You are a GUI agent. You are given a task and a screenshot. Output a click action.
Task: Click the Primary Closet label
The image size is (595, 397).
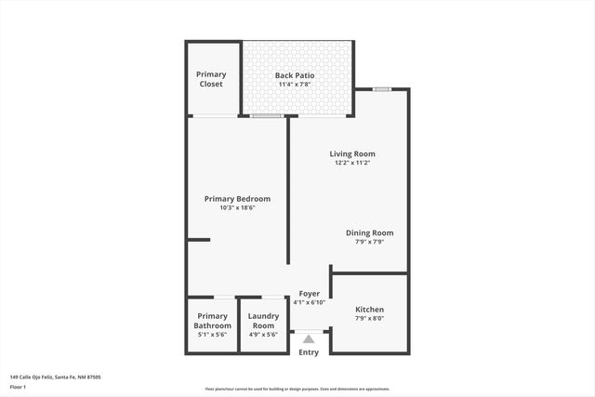[x=212, y=79]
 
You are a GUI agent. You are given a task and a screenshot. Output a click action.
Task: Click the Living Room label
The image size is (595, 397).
[x=352, y=153]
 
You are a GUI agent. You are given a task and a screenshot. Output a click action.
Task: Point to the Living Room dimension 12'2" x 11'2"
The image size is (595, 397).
[x=352, y=163]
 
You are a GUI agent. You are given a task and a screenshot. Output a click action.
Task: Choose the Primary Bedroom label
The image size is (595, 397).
[x=238, y=198]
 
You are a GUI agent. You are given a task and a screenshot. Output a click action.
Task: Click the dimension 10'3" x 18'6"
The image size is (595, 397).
[x=238, y=208]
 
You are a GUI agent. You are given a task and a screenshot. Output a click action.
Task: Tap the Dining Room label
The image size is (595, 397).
[x=369, y=232]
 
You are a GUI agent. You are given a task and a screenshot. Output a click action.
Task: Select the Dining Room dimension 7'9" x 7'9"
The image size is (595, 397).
[x=369, y=242]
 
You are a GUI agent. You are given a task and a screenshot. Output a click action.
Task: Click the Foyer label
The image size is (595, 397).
[x=309, y=294]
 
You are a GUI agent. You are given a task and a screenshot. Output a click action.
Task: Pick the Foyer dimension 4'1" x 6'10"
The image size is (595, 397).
[x=309, y=303]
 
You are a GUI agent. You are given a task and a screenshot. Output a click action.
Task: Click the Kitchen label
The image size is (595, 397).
[x=369, y=310]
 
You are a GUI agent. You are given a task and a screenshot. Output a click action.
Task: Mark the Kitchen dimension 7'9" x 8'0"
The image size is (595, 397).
[x=369, y=319]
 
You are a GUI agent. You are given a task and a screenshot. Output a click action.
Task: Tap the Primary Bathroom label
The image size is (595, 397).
[x=213, y=321]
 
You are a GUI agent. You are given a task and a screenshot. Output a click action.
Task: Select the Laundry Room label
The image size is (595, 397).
[x=264, y=321]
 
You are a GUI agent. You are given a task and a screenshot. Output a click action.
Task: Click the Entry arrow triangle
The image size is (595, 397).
[x=309, y=339]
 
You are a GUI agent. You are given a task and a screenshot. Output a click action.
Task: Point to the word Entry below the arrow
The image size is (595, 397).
[x=309, y=352]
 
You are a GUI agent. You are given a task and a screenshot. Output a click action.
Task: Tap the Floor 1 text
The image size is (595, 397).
[x=17, y=387]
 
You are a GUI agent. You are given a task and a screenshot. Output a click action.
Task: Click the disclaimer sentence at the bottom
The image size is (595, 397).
[x=297, y=390]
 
